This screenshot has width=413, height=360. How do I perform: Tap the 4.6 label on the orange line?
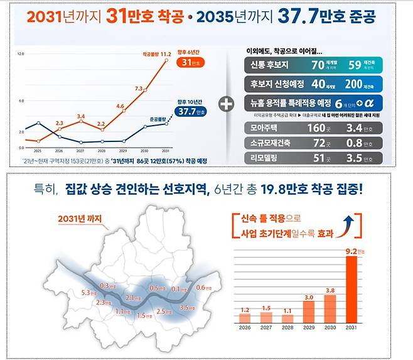[120, 106]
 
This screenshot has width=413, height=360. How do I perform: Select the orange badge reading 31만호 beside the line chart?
[186, 63]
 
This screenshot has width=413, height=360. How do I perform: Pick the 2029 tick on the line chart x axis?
[123, 151]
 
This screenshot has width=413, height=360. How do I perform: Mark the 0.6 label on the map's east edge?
[201, 288]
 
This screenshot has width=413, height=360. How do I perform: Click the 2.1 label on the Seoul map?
[131, 298]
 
